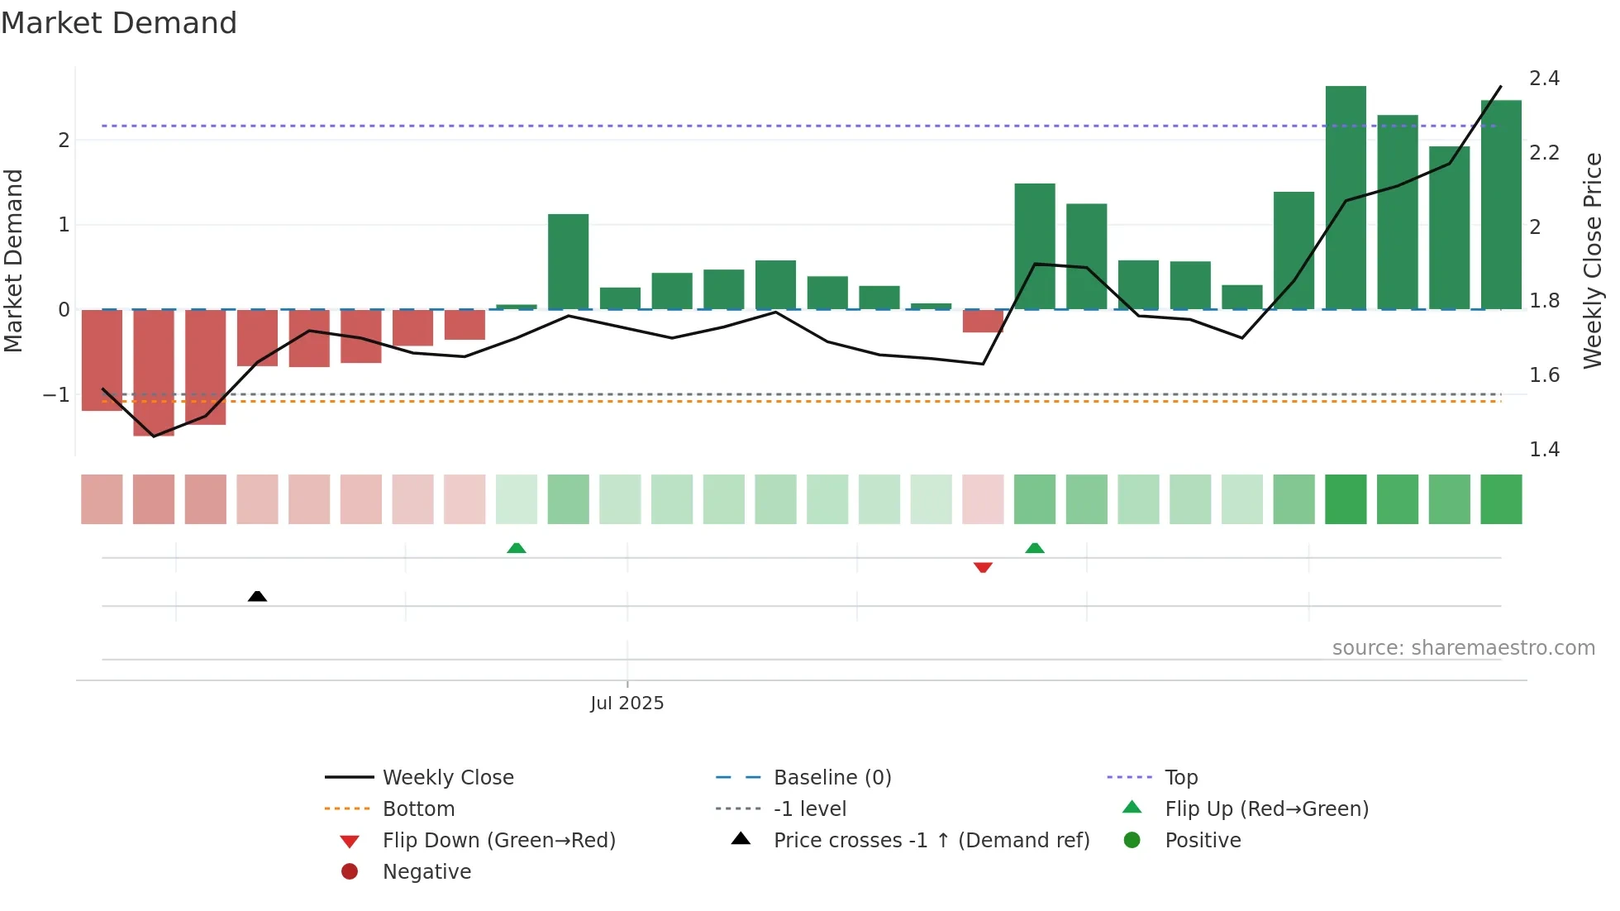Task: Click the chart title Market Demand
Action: coord(119,23)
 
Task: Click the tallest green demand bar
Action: coord(1346,198)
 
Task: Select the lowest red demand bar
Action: coord(154,372)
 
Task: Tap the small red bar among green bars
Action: coord(983,321)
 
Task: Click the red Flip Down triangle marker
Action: coord(983,567)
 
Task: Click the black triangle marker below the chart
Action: coord(257,596)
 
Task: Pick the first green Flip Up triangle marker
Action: coord(517,548)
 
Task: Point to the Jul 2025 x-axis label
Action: coord(627,703)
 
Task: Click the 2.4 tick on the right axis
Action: coord(1544,79)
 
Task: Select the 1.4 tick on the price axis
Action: coord(1544,449)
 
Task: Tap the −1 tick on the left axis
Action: coord(56,395)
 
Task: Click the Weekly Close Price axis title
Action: coord(1593,260)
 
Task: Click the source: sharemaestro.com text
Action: coord(1463,648)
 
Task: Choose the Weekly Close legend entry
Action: coord(447,777)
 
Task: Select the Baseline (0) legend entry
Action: coord(831,777)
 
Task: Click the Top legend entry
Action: coord(1180,777)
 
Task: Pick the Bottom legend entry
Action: coord(418,808)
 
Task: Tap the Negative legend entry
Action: coord(426,871)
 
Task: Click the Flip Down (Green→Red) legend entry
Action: coord(498,840)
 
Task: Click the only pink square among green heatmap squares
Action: coord(983,499)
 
